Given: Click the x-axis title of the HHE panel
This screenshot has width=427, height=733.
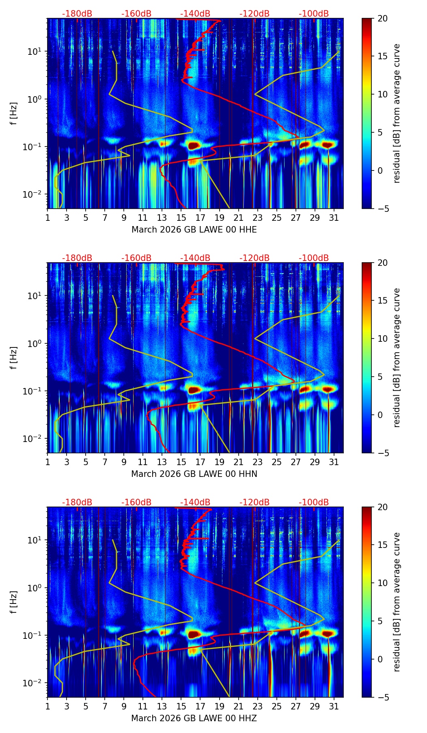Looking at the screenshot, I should (x=194, y=230).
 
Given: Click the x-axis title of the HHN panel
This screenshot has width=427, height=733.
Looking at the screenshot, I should (x=194, y=474).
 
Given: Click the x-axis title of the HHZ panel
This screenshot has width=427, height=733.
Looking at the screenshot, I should (x=194, y=718).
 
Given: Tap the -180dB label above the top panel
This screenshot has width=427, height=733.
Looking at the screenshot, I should (x=77, y=14).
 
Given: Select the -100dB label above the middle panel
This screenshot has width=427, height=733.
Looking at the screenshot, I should (x=314, y=258).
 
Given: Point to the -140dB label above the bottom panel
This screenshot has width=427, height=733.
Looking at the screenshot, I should (x=195, y=502).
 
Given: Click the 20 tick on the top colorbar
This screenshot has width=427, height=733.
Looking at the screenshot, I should (x=382, y=18).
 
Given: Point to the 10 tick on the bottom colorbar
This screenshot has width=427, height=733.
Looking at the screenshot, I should (x=382, y=583).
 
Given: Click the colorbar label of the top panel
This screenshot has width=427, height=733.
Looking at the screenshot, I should (x=397, y=113).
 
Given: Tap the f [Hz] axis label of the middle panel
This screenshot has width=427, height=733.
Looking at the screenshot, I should (x=14, y=358).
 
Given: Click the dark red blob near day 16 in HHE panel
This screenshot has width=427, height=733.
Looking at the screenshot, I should (x=194, y=145).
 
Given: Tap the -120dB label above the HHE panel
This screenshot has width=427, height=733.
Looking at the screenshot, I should (x=254, y=14).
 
